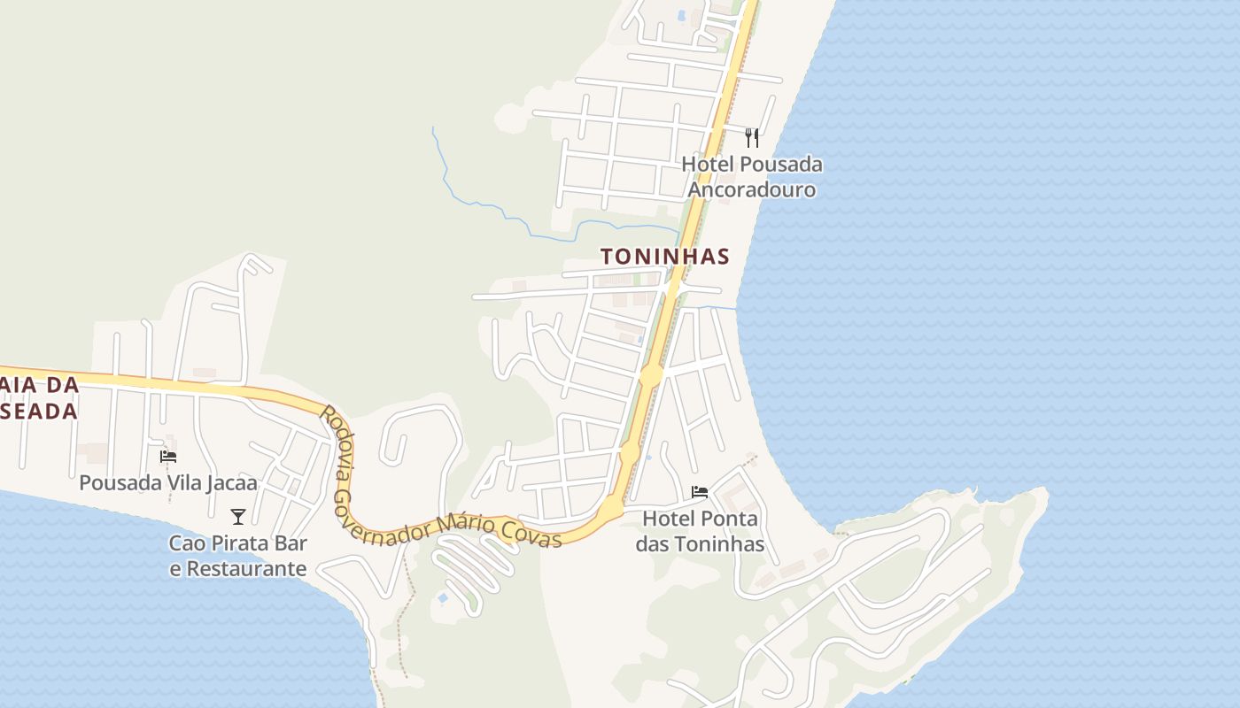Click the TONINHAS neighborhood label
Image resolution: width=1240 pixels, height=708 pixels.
[x=664, y=257]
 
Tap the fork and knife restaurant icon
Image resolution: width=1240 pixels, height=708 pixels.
[x=752, y=137]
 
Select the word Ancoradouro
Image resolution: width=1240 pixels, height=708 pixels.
[x=752, y=189]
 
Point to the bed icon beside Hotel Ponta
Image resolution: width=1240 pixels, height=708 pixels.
[x=700, y=492]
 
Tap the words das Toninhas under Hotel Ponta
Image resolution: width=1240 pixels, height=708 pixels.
[x=700, y=543]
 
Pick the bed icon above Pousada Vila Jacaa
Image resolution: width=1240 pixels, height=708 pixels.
[x=168, y=457]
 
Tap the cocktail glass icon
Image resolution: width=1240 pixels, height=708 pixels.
[x=237, y=517]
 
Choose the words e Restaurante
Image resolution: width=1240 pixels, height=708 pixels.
[x=238, y=568]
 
